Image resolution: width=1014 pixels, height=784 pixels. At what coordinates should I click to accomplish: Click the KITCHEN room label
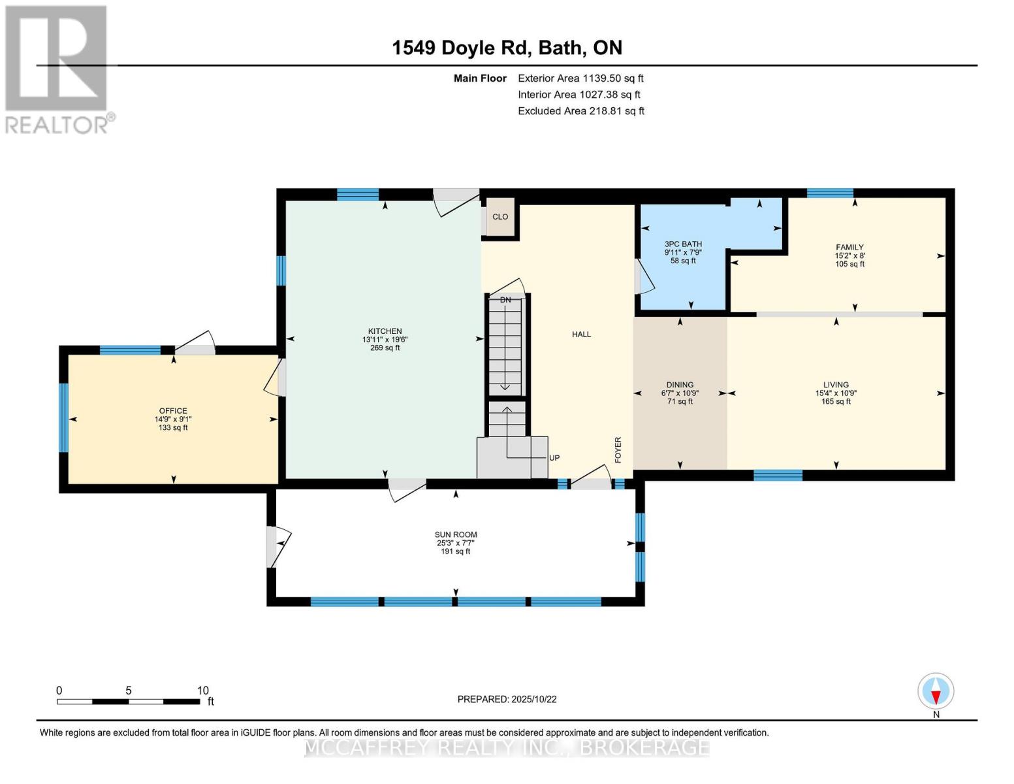pyautogui.click(x=385, y=331)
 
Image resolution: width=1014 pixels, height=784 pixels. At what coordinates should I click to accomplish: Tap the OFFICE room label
pyautogui.click(x=173, y=411)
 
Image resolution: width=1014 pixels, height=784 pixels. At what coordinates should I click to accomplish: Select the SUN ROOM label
pyautogui.click(x=456, y=534)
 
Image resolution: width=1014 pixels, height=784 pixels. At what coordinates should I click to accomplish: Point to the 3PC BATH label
pyautogui.click(x=683, y=244)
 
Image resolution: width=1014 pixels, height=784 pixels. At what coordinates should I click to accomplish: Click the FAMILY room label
pyautogui.click(x=849, y=248)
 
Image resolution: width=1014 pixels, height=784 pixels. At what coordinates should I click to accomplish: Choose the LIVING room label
pyautogui.click(x=836, y=385)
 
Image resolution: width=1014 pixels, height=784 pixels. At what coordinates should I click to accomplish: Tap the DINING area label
pyautogui.click(x=680, y=385)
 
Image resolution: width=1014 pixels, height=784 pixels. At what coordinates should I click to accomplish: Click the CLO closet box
pyautogui.click(x=500, y=217)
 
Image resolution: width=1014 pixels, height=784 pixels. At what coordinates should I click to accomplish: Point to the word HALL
pyautogui.click(x=581, y=335)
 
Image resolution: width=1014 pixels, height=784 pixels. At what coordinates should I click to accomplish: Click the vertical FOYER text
pyautogui.click(x=618, y=450)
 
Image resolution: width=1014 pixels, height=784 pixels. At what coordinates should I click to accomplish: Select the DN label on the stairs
pyautogui.click(x=505, y=300)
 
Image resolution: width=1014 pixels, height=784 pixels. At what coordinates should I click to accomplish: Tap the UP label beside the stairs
pyautogui.click(x=554, y=458)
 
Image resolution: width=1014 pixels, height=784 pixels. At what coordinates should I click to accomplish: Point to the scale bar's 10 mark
pyautogui.click(x=202, y=691)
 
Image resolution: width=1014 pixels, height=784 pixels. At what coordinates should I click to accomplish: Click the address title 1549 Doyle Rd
pyautogui.click(x=507, y=48)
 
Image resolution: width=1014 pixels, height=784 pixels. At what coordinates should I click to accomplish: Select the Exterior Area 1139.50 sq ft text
pyautogui.click(x=580, y=78)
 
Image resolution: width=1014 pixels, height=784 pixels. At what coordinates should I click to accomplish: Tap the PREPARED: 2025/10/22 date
pyautogui.click(x=507, y=699)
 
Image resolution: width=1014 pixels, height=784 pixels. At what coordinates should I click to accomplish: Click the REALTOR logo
pyautogui.click(x=57, y=69)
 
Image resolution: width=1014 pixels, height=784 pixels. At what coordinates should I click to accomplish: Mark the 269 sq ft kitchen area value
pyautogui.click(x=385, y=348)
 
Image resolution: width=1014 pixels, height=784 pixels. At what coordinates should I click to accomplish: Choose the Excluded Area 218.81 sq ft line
pyautogui.click(x=580, y=111)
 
